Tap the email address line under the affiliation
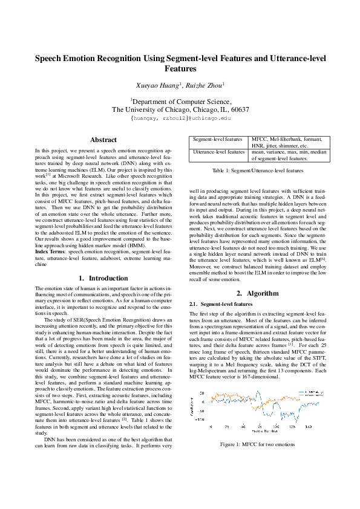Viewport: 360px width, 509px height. tap(180, 119)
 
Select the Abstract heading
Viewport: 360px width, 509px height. tap(103, 140)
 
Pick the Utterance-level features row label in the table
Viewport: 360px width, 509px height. tap(218, 152)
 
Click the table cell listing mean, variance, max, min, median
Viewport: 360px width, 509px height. tap(289, 155)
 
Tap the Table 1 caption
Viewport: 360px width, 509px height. tap(257, 171)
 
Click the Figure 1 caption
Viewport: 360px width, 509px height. tap(257, 444)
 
